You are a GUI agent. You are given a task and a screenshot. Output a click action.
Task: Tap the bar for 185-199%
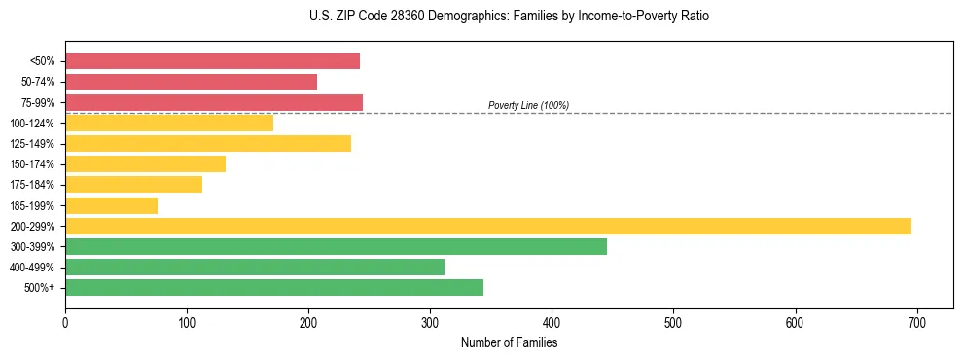pyautogui.click(x=111, y=205)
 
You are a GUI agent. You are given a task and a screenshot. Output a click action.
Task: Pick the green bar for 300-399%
pyautogui.click(x=336, y=246)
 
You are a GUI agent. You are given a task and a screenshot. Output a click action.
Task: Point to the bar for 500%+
pyautogui.click(x=274, y=287)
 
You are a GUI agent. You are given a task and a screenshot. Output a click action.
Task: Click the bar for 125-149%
pyautogui.click(x=208, y=144)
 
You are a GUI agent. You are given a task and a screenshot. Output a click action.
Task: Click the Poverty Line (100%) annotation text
pyautogui.click(x=528, y=105)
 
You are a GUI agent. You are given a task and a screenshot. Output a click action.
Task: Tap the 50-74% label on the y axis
pyautogui.click(x=38, y=82)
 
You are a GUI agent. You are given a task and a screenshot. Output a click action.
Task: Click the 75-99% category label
pyautogui.click(x=38, y=103)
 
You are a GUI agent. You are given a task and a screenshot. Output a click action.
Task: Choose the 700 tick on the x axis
pyautogui.click(x=917, y=322)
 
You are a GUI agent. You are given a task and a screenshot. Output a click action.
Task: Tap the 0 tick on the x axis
pyautogui.click(x=65, y=322)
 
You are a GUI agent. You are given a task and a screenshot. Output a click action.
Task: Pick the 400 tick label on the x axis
pyautogui.click(x=552, y=322)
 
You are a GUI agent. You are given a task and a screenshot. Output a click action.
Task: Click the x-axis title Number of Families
pyautogui.click(x=509, y=342)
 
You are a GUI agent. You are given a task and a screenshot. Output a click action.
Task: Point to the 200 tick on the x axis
pyautogui.click(x=308, y=322)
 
